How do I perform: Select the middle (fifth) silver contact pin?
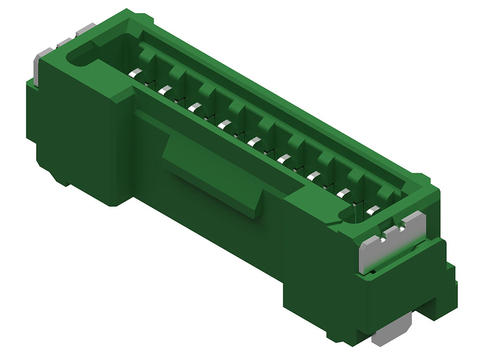(254, 141)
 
